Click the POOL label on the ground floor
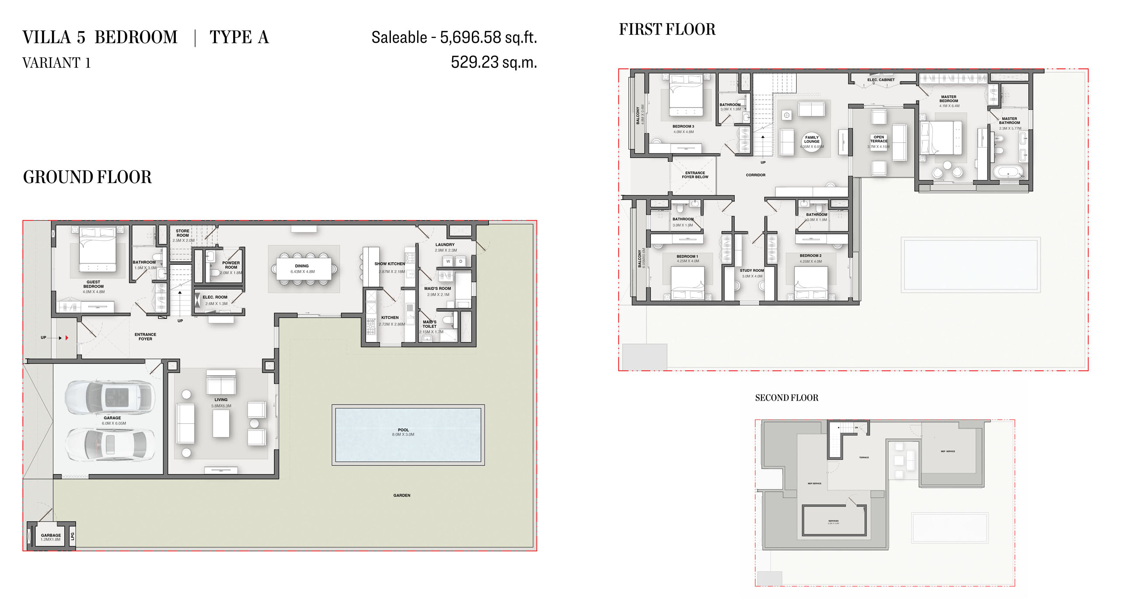[x=403, y=430]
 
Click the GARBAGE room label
[x=51, y=535]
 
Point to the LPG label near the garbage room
[x=73, y=536]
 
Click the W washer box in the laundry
[x=448, y=262]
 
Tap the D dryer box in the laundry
[x=460, y=262]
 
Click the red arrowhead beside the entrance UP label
[x=66, y=338]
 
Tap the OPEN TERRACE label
[x=879, y=139]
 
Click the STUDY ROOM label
[x=752, y=270]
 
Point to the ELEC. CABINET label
[x=881, y=80]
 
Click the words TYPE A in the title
[x=239, y=37]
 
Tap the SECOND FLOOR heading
[x=787, y=398]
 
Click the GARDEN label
[x=401, y=496]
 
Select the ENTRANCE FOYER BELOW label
[x=695, y=175]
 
